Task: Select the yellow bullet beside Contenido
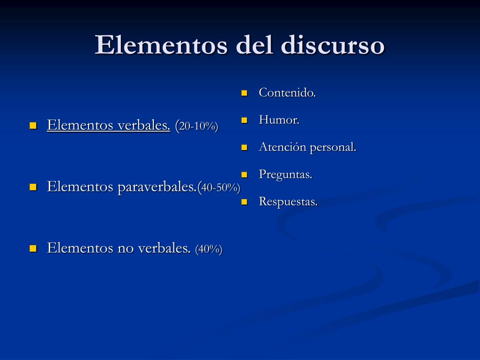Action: pos(244,93)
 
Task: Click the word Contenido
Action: pos(287,93)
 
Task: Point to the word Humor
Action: pos(279,120)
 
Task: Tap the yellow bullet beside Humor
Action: pos(244,120)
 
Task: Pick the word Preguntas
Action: pos(285,174)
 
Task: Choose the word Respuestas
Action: pos(288,202)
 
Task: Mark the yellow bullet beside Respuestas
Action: pos(244,202)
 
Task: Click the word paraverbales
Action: pos(157,187)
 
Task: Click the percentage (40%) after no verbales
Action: pos(209,249)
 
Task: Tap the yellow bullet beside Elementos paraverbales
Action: pos(33,187)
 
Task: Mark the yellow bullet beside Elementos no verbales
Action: pos(33,248)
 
